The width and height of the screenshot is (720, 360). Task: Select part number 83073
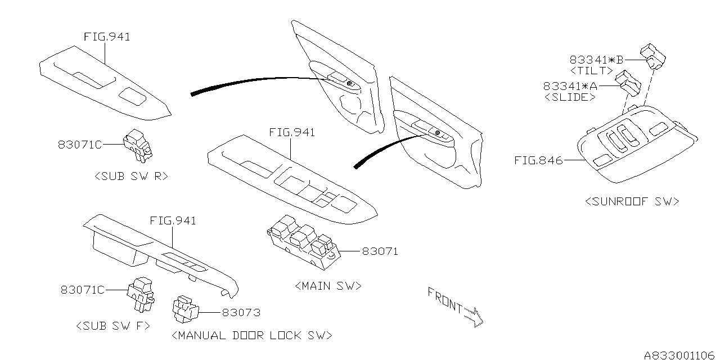click(241, 312)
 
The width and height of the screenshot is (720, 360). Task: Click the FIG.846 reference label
click(538, 160)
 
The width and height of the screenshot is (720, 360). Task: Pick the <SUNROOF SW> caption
click(632, 201)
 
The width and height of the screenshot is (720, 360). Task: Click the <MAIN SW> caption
click(327, 286)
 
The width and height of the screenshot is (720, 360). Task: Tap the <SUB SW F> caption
click(112, 325)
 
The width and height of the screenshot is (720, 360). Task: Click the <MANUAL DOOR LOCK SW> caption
click(251, 336)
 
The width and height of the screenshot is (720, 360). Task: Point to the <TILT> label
click(591, 71)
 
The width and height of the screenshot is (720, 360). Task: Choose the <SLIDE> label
click(570, 97)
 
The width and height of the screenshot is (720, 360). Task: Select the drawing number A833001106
click(679, 354)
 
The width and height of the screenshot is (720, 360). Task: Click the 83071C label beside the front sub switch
click(83, 290)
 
